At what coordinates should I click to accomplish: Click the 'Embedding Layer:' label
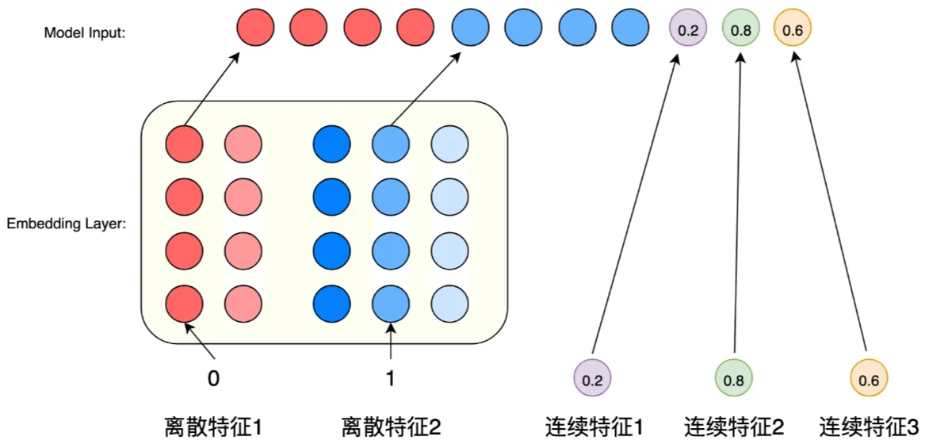click(x=67, y=224)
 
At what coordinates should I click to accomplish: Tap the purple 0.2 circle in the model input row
click(x=686, y=30)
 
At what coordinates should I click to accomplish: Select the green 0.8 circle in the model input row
click(x=741, y=30)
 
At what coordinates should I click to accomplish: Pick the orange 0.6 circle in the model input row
click(x=793, y=30)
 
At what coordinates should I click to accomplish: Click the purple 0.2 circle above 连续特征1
click(x=592, y=380)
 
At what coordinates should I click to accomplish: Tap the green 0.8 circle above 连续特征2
click(x=733, y=380)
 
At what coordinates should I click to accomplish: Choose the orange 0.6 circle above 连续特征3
click(x=869, y=380)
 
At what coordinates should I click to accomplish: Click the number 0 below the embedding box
click(x=212, y=379)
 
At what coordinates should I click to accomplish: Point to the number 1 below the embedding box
click(x=390, y=379)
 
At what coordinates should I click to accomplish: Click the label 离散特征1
click(x=213, y=427)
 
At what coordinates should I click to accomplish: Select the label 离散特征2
click(x=391, y=427)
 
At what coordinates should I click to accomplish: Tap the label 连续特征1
click(x=594, y=427)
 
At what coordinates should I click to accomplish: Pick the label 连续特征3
click(x=869, y=427)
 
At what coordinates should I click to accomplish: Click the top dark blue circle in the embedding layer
click(x=332, y=145)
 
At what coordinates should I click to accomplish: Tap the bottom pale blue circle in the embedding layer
click(x=449, y=303)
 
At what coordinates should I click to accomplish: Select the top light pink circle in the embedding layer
click(x=243, y=145)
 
